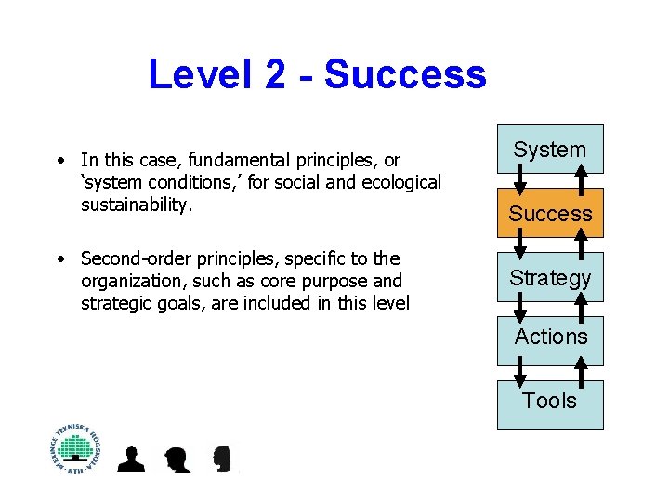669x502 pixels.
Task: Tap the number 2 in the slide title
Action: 275,74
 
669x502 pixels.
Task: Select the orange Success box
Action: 550,214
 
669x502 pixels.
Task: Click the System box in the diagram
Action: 550,149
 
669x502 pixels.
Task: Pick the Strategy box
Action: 550,277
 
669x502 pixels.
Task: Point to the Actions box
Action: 550,337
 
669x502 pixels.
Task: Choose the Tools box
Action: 550,402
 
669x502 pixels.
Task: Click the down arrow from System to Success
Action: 520,182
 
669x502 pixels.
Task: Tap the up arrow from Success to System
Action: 581,182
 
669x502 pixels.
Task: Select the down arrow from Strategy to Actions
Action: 520,310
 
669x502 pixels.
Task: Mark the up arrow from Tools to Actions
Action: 581,372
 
